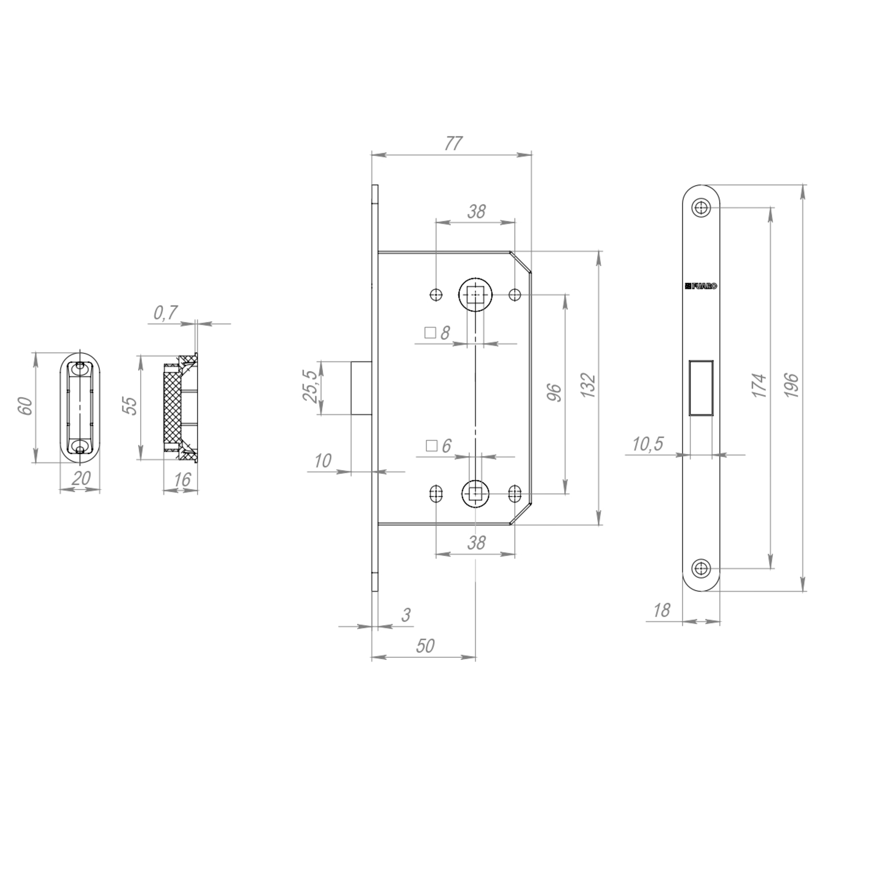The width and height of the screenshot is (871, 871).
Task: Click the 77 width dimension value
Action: coord(453,143)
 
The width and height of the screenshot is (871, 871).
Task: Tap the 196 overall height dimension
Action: coord(792,385)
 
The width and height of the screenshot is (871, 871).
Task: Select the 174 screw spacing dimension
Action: coord(760,385)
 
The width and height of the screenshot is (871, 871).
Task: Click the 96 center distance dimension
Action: coord(554,392)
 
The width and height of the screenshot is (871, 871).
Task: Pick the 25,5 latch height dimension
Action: coord(310,386)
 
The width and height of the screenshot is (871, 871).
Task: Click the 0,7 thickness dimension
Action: coord(165,312)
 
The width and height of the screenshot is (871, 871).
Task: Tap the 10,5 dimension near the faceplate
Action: coord(648,444)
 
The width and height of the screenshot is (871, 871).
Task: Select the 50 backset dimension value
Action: coord(425,646)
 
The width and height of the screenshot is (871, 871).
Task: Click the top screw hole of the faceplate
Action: coord(701,208)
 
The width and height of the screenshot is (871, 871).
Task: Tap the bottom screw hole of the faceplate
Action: coord(701,568)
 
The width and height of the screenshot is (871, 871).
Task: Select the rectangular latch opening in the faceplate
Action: coord(701,388)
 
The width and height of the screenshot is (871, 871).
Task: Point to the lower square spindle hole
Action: coord(475,494)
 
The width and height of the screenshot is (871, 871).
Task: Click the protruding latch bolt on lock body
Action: coord(361,387)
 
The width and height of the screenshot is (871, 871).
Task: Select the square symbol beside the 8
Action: coord(430,333)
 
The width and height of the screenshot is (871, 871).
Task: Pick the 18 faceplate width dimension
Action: coord(662,611)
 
